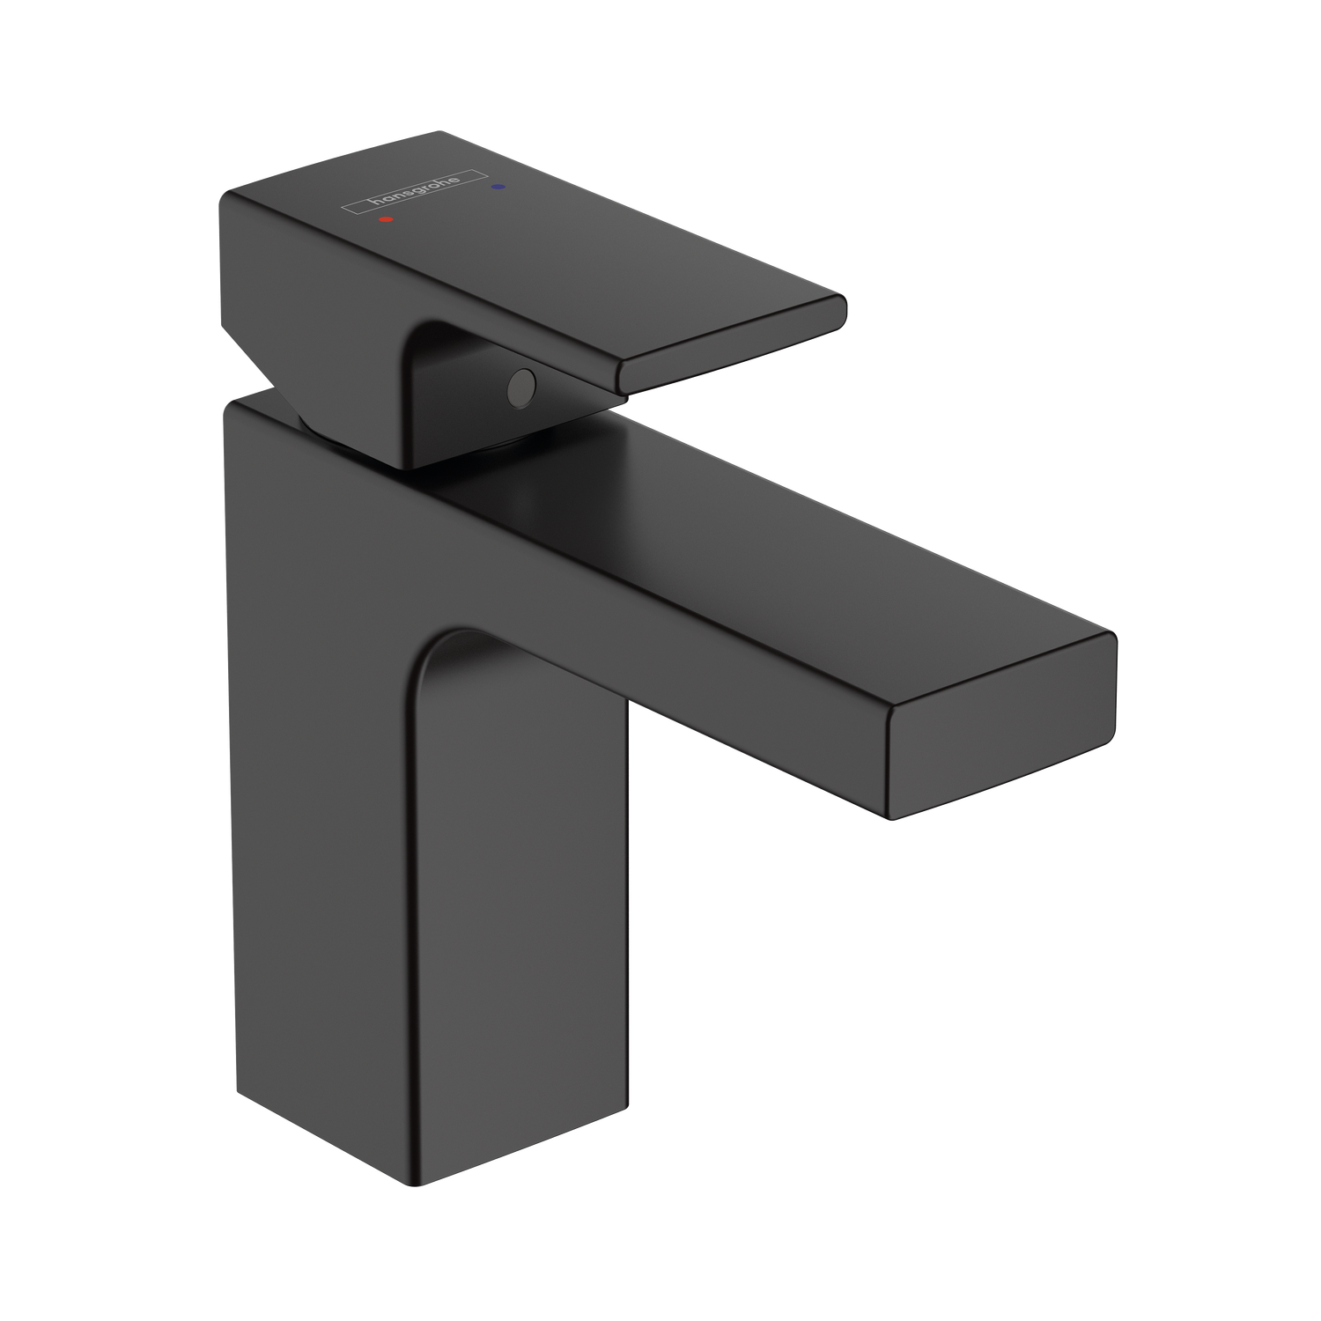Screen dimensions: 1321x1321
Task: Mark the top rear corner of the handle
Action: [x=440, y=133]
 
